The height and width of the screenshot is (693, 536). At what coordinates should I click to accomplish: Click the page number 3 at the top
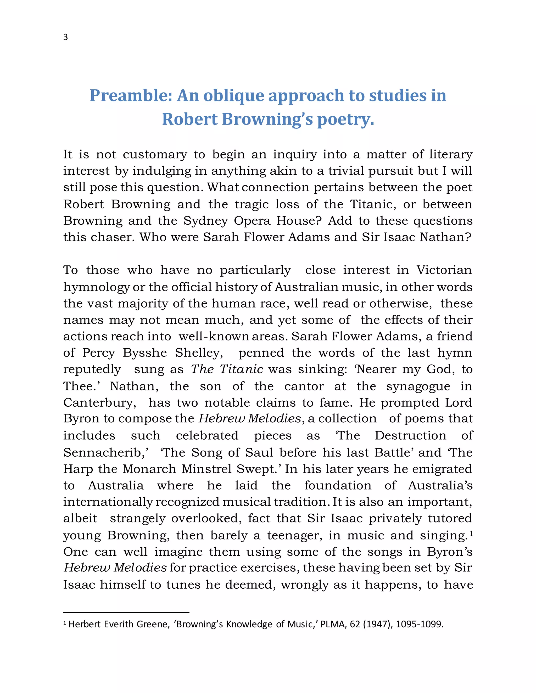point(65,37)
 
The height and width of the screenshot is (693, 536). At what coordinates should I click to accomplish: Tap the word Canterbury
point(99,403)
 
